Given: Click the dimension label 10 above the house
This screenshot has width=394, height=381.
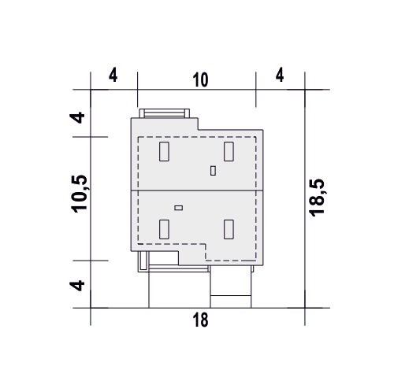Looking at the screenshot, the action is [x=201, y=80].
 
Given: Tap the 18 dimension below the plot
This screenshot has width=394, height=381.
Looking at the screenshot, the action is [x=200, y=320].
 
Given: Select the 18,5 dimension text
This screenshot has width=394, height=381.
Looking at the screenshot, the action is [x=317, y=198].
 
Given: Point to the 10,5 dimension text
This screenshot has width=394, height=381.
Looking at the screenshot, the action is [x=80, y=194].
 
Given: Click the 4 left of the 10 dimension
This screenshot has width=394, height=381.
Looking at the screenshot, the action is [x=113, y=75].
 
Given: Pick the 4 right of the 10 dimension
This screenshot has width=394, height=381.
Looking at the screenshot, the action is [x=280, y=75].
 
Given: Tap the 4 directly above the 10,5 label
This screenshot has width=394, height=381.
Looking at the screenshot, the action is [x=77, y=118].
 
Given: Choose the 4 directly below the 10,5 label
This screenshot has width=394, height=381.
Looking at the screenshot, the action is [x=77, y=286].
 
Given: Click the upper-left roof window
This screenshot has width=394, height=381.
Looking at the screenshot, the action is [x=164, y=151].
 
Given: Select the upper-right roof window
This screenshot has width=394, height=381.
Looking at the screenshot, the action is [x=229, y=151].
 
